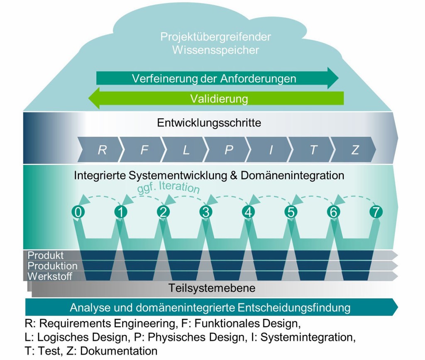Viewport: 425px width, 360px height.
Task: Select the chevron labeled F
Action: pos(144,150)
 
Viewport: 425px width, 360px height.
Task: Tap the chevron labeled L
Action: pos(186,150)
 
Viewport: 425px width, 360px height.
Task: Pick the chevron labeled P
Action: pos(229,150)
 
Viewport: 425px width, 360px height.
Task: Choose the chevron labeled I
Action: pos(271,150)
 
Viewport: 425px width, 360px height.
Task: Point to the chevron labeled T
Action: pos(313,150)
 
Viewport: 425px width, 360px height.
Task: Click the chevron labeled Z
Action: pos(355,150)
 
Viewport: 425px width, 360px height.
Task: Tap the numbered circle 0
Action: pos(78,212)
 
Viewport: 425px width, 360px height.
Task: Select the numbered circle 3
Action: pos(205,212)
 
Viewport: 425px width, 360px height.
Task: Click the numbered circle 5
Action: pos(291,212)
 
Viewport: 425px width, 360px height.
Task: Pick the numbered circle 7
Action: pos(376,212)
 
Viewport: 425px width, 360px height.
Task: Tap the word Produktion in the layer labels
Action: pos(52,266)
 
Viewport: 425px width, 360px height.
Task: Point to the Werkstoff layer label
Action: pos(50,276)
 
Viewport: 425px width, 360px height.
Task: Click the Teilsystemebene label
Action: pos(212,288)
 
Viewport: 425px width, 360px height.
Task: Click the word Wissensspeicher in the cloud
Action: pos(215,50)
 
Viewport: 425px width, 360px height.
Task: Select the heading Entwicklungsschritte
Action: pos(209,123)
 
